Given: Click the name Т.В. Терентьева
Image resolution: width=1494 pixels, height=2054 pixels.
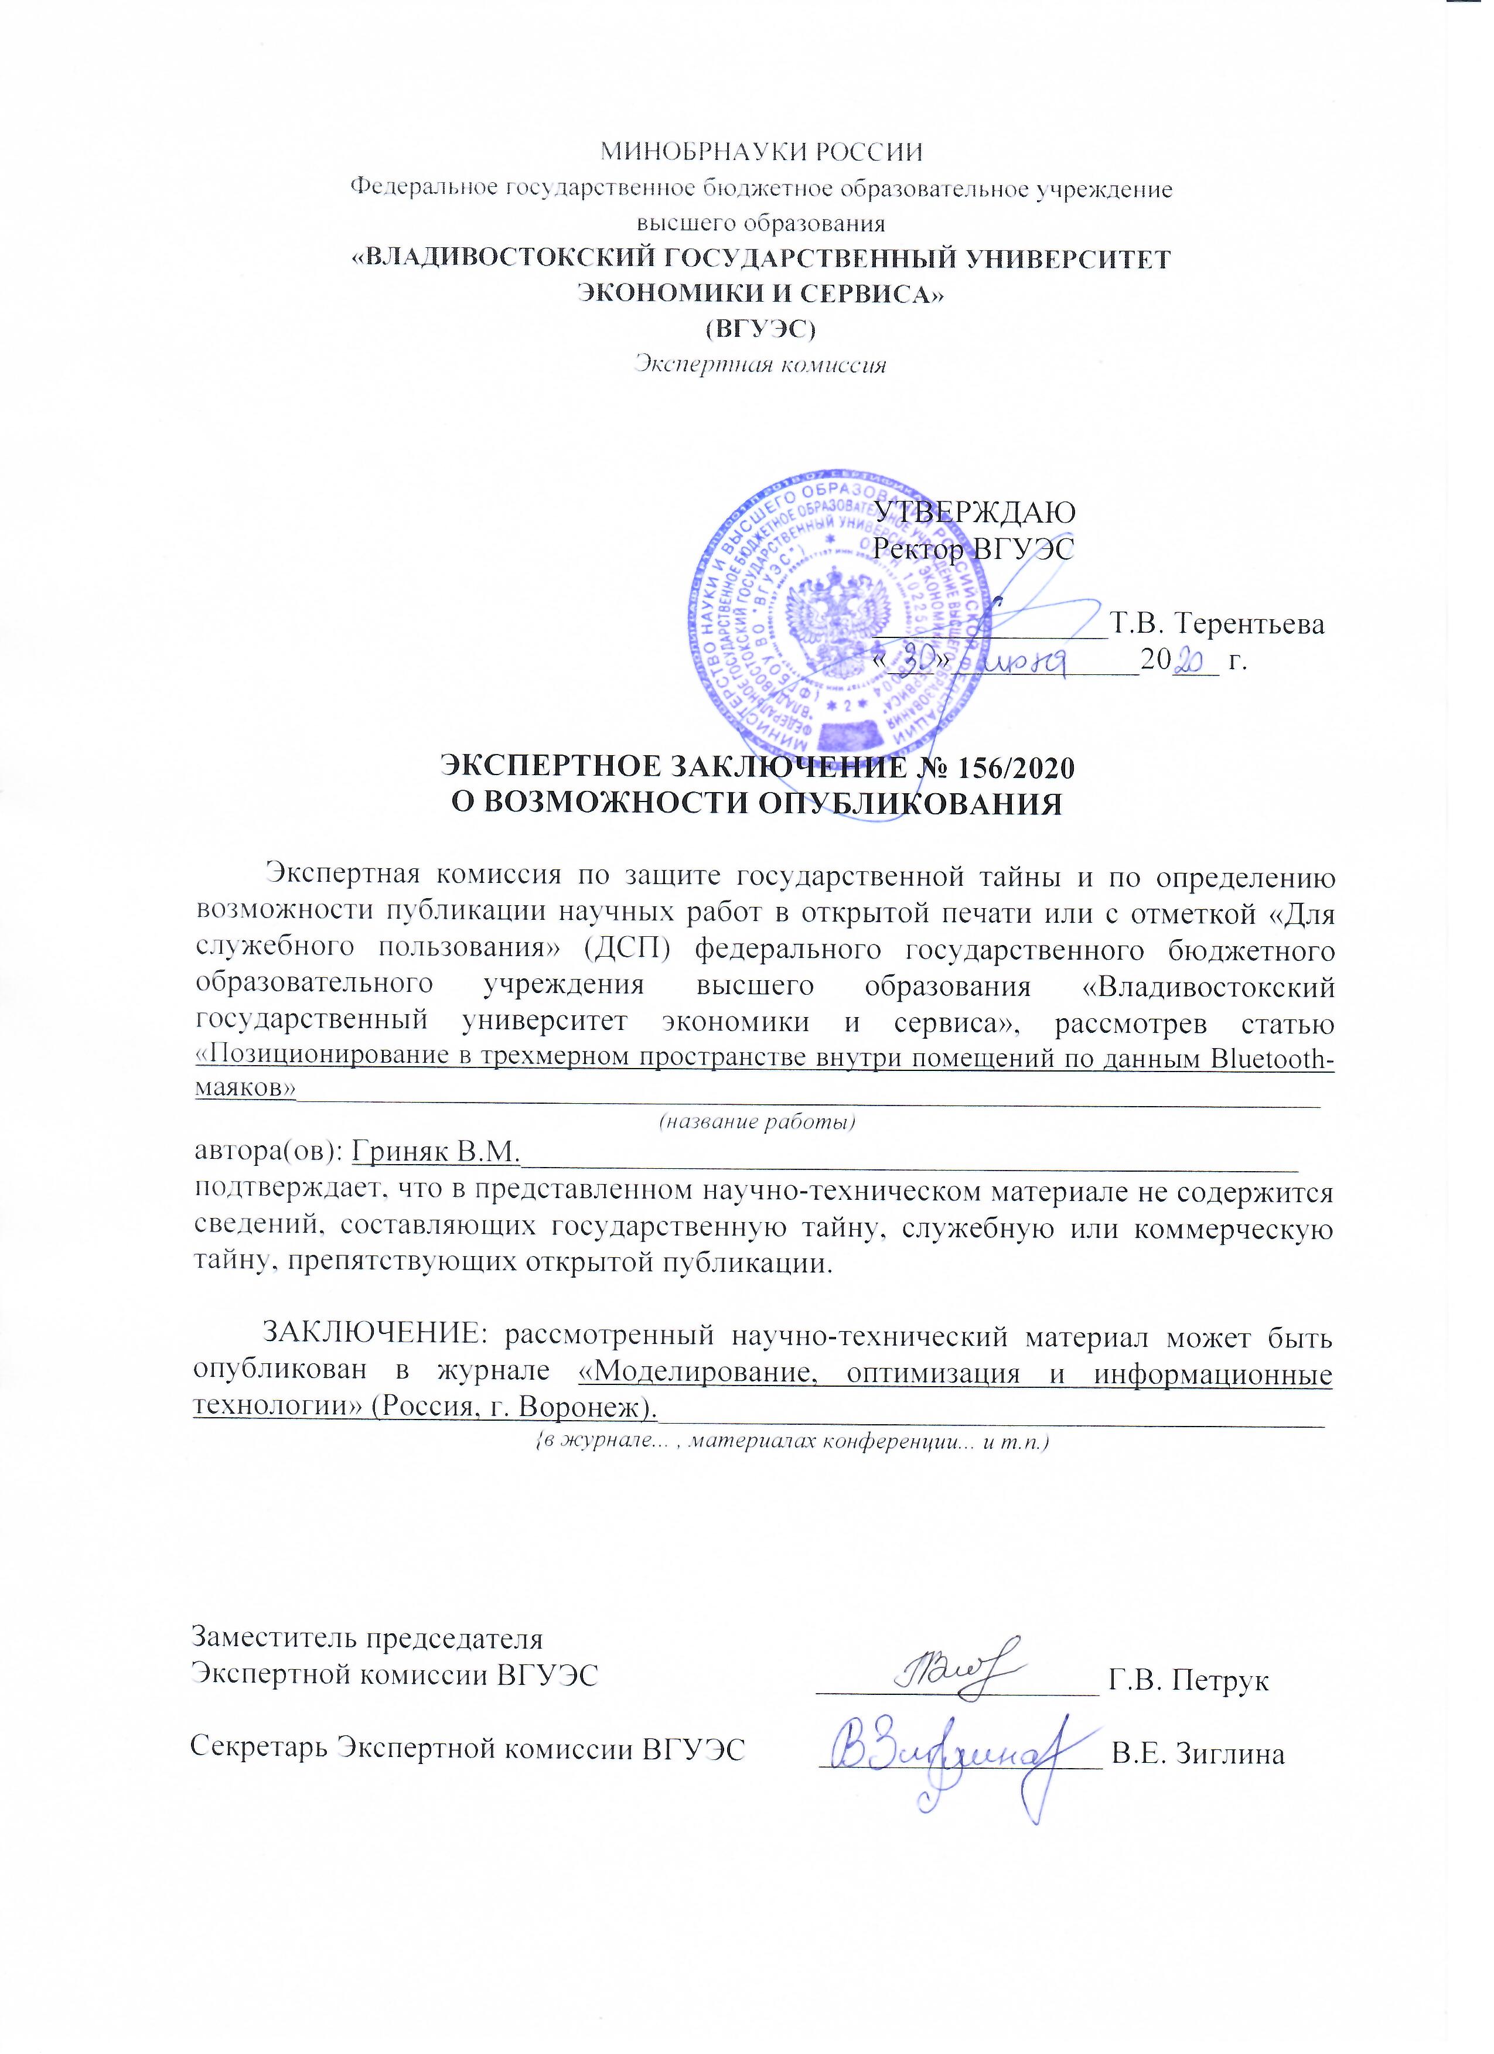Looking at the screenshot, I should pos(1219,625).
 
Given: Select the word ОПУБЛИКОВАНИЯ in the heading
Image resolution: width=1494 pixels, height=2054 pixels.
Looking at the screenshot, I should pos(909,803).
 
